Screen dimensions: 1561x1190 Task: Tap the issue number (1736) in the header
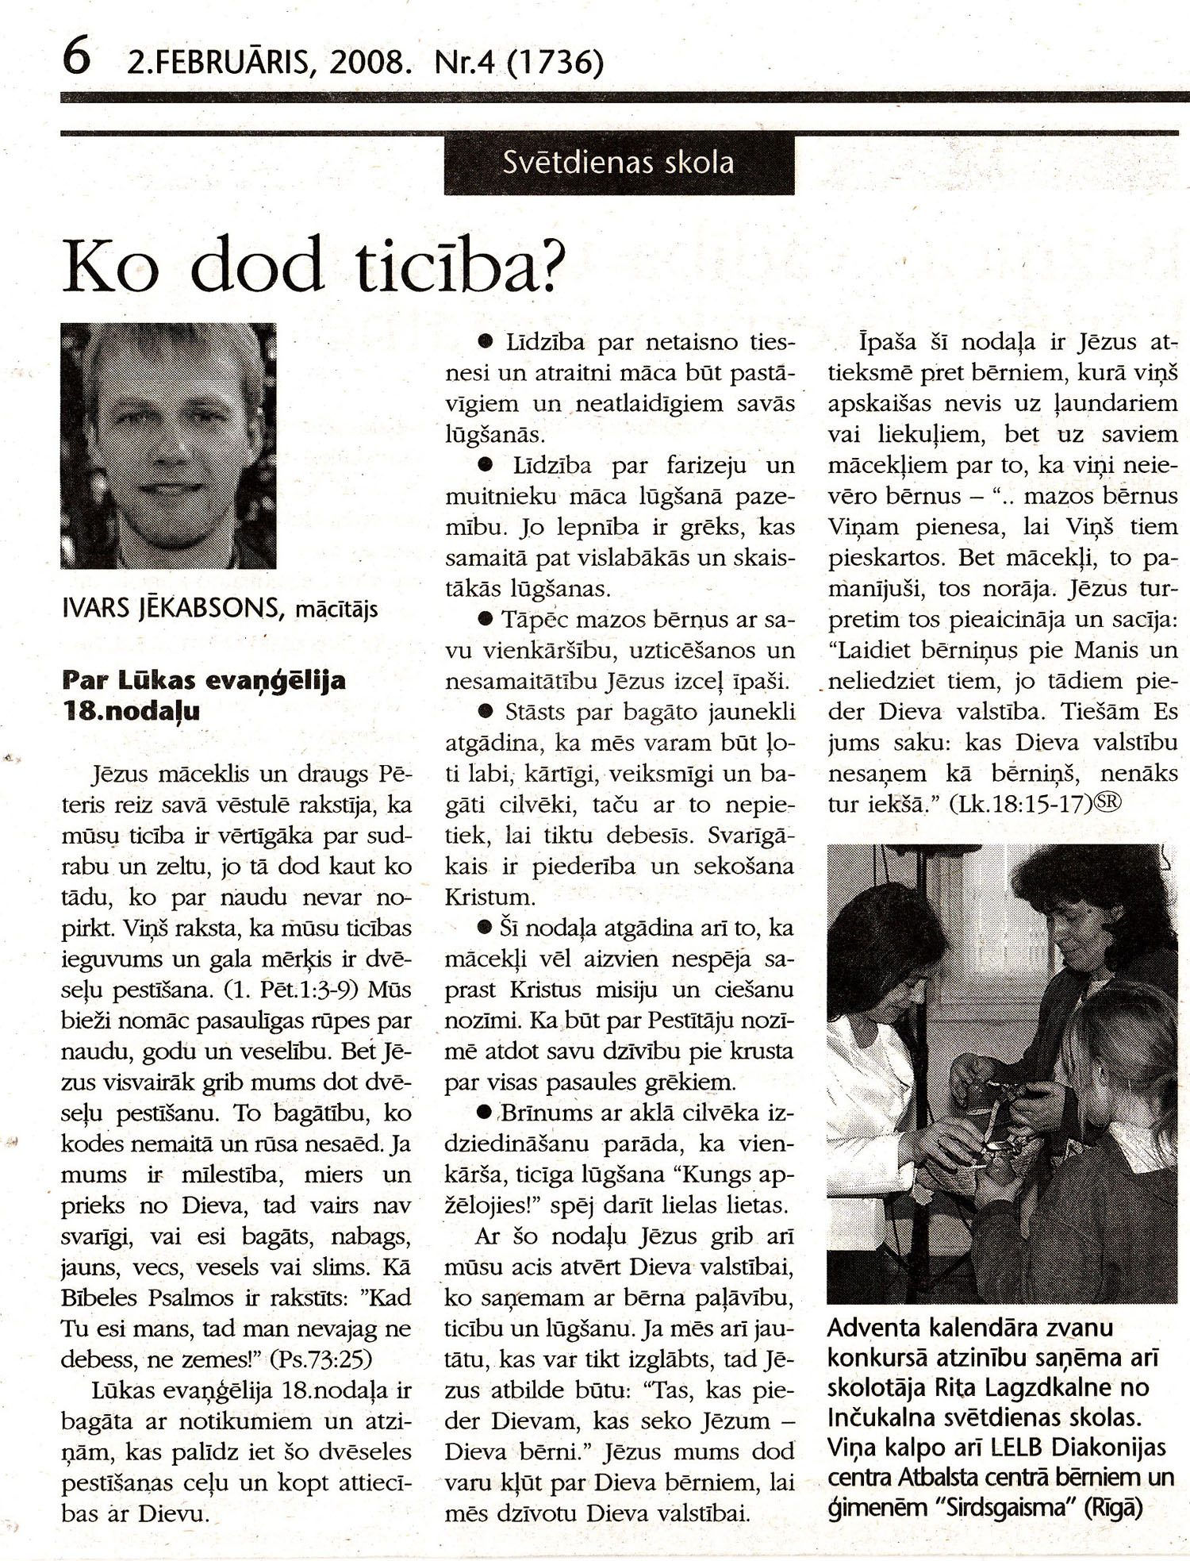pos(553,62)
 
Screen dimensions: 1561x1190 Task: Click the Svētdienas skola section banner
pos(619,163)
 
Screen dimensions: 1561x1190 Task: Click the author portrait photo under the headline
pos(168,445)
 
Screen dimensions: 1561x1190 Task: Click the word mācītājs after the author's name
pos(336,610)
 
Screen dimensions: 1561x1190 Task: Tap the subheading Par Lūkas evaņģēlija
pos(204,681)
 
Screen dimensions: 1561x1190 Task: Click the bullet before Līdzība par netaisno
pos(485,343)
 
